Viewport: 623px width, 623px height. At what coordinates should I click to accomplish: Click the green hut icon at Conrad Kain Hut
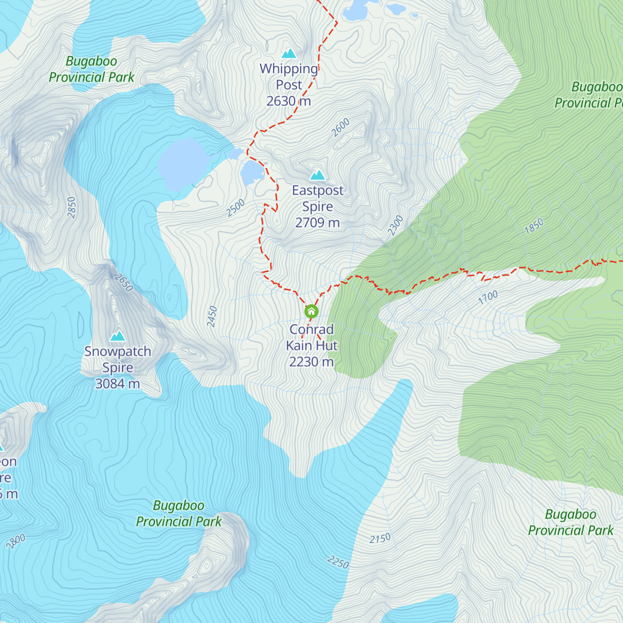(311, 311)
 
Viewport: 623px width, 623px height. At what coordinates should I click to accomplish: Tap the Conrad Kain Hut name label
(311, 337)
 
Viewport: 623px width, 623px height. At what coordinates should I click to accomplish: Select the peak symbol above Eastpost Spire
(317, 175)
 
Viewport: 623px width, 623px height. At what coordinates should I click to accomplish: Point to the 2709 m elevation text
(317, 223)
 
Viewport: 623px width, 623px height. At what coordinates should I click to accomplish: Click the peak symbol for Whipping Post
(289, 53)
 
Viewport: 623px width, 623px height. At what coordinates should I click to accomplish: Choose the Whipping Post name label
(289, 76)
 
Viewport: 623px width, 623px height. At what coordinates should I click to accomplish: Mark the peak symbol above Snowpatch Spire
(118, 336)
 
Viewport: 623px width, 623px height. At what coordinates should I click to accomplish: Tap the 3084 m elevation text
(118, 384)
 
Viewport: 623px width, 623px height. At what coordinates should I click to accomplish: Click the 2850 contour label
(72, 208)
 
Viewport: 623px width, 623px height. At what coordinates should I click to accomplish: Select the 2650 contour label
(124, 283)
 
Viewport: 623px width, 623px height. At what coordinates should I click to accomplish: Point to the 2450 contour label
(212, 317)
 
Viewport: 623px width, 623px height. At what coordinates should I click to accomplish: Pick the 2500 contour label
(236, 208)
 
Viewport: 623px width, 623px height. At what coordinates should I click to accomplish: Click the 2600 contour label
(341, 128)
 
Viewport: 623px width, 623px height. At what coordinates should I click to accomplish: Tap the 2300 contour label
(395, 226)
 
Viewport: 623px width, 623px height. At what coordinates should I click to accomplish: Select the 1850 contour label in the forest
(534, 226)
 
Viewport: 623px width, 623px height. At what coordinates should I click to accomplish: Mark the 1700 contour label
(488, 297)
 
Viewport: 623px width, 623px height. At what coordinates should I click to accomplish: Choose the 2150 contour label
(380, 538)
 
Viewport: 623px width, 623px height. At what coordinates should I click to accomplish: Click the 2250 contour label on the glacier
(338, 562)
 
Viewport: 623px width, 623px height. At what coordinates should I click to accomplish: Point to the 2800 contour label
(16, 541)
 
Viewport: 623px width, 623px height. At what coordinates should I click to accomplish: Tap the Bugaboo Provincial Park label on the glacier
(179, 513)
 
